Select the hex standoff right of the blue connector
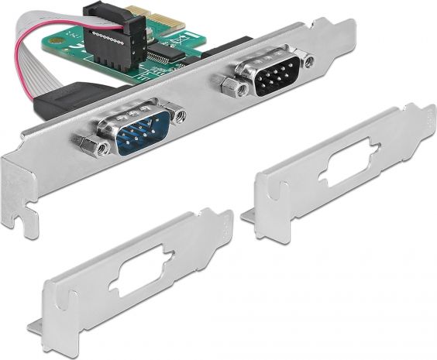(x=181, y=116)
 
